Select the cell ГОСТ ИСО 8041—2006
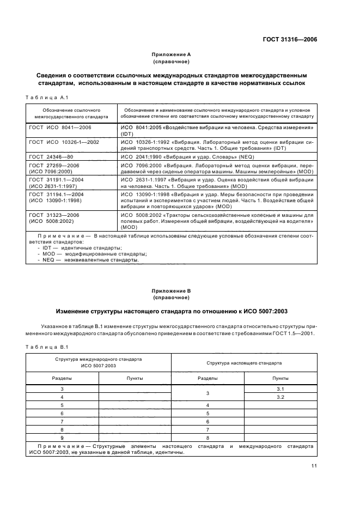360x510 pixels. (x=60, y=127)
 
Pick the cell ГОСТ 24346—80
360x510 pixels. (x=51, y=156)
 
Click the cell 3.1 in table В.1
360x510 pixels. (x=280, y=388)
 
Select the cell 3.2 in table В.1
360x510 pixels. (x=280, y=397)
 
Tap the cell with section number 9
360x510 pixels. (x=62, y=438)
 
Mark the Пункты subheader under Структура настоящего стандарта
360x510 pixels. (x=280, y=378)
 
